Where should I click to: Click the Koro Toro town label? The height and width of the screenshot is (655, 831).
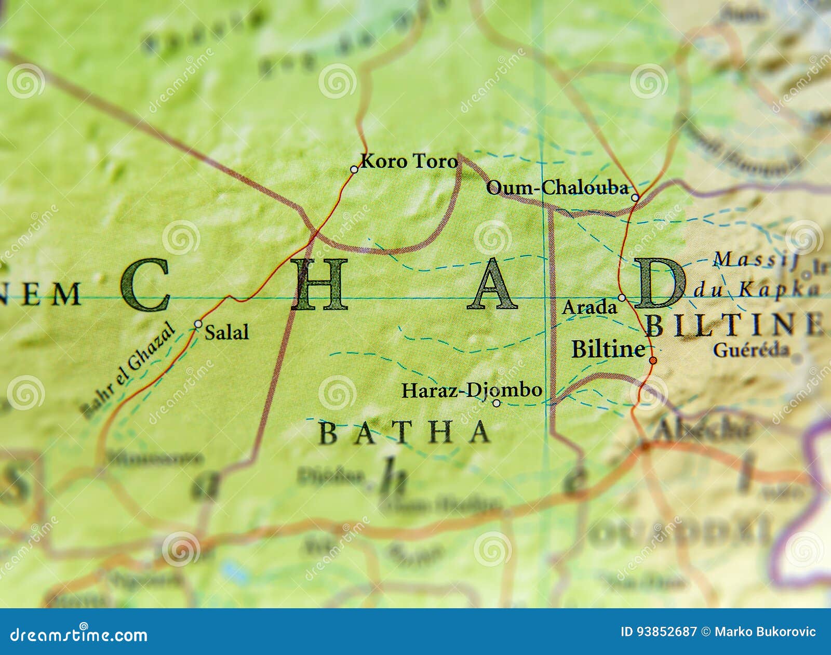[409, 161]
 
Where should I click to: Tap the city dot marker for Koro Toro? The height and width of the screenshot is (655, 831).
[354, 169]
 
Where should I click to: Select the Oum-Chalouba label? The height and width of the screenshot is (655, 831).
[557, 188]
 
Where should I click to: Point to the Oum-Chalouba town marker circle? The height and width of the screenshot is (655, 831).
[635, 197]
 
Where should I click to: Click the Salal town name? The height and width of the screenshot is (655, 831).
[226, 332]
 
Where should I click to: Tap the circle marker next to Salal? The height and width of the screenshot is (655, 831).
[198, 324]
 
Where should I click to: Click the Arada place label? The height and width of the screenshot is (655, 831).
[589, 308]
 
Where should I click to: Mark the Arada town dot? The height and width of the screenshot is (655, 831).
[622, 298]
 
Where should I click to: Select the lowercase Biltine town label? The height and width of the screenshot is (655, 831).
[608, 349]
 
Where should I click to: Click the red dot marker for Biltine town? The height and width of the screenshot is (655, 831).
[653, 360]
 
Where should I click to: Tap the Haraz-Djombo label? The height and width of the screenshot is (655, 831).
[472, 390]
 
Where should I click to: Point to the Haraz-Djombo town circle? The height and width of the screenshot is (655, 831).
[496, 403]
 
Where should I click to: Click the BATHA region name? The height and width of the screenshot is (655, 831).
[404, 433]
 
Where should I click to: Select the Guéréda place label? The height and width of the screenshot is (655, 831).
[751, 350]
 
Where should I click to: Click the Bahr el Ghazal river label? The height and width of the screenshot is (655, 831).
[128, 369]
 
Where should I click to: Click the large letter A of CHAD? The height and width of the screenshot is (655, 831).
[492, 285]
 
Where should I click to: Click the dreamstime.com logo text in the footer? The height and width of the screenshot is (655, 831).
[79, 635]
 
